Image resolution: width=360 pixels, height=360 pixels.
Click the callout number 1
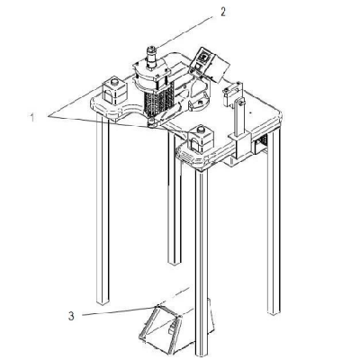[x=31, y=117]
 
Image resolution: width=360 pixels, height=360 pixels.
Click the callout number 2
[x=222, y=12]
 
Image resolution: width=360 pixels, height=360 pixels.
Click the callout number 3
[x=71, y=316]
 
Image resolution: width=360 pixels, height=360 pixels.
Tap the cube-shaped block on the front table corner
[x=200, y=140]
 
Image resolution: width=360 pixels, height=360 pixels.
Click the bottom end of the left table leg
[x=103, y=303]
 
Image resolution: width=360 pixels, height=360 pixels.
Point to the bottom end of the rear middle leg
[x=175, y=263]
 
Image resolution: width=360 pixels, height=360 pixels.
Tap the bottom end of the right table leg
[x=274, y=312]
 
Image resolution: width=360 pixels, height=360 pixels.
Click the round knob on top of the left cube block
[x=114, y=81]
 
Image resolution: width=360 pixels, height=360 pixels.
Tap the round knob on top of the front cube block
[x=201, y=130]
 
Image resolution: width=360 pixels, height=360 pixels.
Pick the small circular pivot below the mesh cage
[x=151, y=122]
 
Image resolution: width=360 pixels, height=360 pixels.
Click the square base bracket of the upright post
[x=240, y=146]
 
